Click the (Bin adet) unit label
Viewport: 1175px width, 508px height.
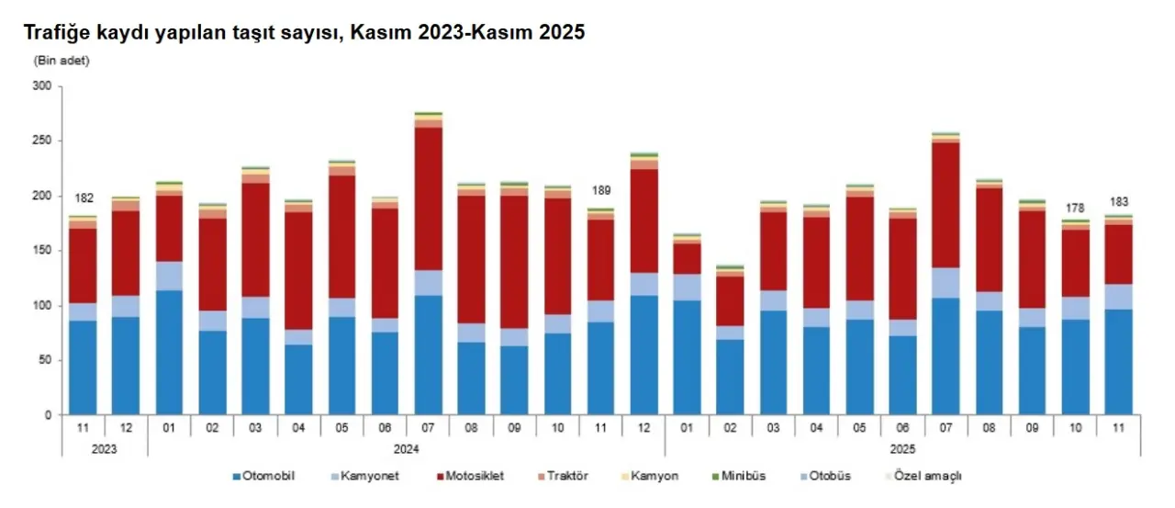tap(62, 61)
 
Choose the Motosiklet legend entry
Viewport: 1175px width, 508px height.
tap(472, 476)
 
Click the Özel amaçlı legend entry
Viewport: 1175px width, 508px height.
tap(928, 476)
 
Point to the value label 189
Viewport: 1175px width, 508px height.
tap(600, 191)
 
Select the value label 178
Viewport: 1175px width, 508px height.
tap(1075, 207)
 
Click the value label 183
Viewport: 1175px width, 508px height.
tap(1118, 202)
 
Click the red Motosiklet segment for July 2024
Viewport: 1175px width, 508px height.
tap(428, 198)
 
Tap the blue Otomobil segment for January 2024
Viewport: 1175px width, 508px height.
tap(169, 352)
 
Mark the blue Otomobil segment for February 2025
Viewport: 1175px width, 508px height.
tap(730, 377)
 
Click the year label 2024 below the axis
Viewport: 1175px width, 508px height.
tap(407, 450)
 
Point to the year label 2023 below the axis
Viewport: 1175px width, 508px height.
tap(105, 450)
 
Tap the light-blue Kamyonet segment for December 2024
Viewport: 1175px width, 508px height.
tap(643, 284)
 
